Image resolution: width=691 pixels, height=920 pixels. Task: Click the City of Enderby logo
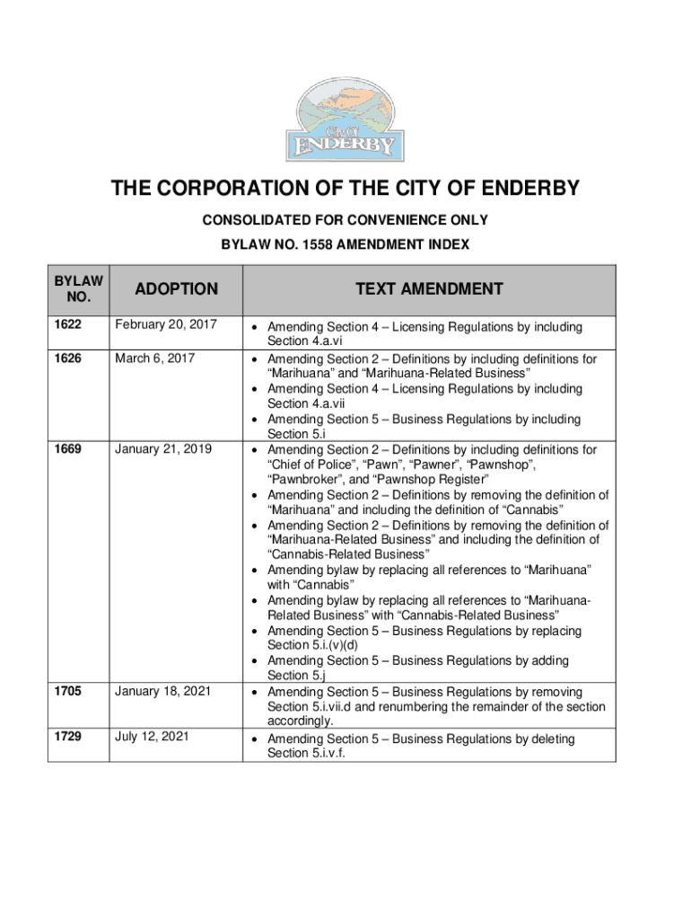click(345, 119)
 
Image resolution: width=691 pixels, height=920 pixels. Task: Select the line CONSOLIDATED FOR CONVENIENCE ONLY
click(345, 220)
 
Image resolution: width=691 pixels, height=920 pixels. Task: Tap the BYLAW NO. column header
click(79, 288)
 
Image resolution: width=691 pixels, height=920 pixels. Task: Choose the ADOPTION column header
click(176, 288)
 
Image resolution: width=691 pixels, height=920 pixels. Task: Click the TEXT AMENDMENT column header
click(429, 288)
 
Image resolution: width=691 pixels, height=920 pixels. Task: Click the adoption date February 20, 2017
click(165, 326)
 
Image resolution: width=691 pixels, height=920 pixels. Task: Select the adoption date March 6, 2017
click(153, 358)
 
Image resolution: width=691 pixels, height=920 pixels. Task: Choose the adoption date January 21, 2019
click(162, 448)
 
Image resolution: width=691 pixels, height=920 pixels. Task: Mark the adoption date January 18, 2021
click(162, 691)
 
